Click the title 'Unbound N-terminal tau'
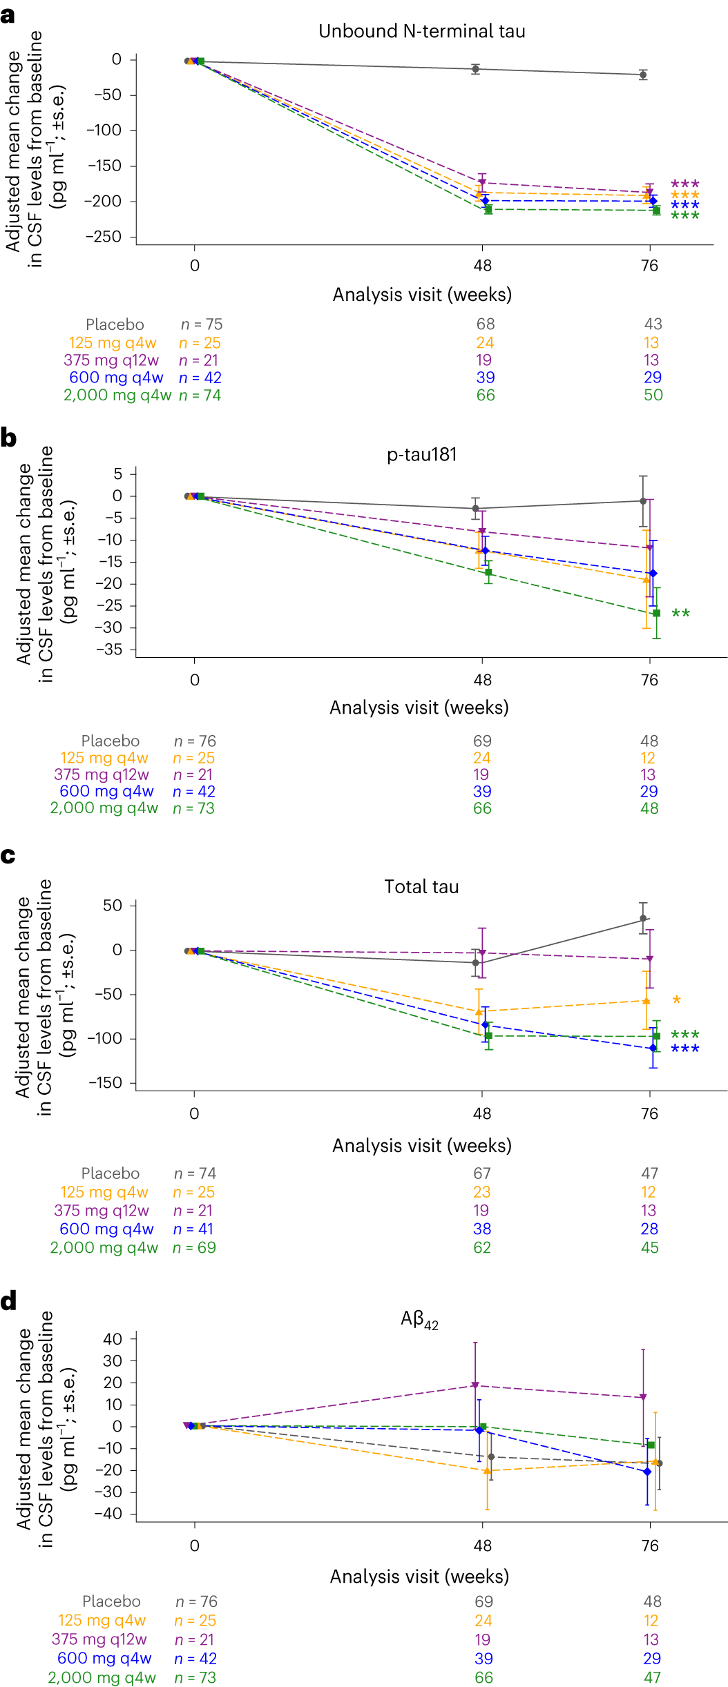click(421, 31)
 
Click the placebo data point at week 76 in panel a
click(643, 75)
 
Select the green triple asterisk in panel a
click(684, 216)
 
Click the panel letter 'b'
click(8, 438)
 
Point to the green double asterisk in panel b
click(680, 614)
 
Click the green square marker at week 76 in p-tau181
click(656, 613)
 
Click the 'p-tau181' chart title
click(421, 454)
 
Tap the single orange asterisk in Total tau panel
click(676, 1000)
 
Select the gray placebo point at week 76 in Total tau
click(643, 919)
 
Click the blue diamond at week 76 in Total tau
click(653, 1048)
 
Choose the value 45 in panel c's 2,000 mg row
click(649, 1247)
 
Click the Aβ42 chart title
click(419, 1320)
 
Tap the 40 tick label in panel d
click(112, 1339)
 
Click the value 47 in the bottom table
click(652, 1677)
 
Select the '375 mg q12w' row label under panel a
click(111, 360)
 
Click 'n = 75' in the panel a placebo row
click(201, 324)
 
